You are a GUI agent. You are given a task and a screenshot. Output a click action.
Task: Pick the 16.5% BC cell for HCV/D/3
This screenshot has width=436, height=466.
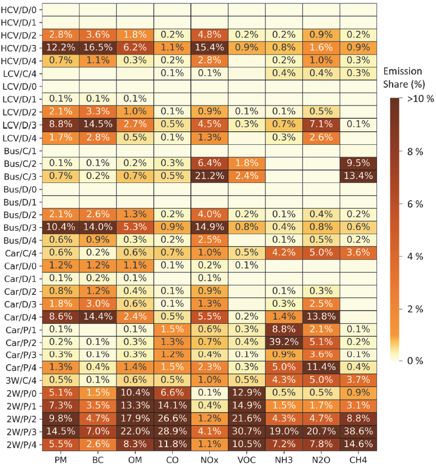click(x=98, y=47)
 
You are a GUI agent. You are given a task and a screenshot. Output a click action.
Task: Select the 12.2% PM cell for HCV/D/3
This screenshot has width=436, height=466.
click(x=60, y=47)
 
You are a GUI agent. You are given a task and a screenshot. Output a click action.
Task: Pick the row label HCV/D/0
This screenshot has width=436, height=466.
click(x=20, y=10)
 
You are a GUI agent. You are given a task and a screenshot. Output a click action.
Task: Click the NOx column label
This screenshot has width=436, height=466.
click(x=209, y=459)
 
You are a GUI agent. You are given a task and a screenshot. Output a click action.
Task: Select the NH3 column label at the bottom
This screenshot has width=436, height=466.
click(x=284, y=459)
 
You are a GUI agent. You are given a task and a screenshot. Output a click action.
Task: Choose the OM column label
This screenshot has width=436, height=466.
click(x=135, y=459)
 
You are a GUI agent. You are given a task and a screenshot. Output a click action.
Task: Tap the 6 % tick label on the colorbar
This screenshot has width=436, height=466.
click(x=415, y=204)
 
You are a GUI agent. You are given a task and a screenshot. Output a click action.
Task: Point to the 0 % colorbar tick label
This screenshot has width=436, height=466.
click(x=415, y=360)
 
